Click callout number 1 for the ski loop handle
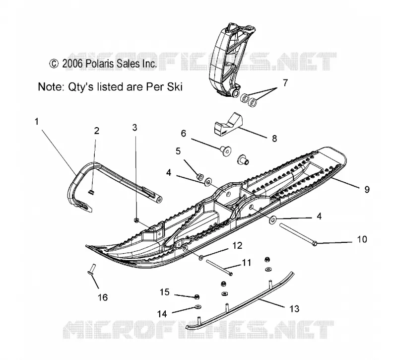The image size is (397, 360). coord(37,122)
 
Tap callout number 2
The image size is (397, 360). coord(96,131)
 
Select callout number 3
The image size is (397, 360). coord(134,128)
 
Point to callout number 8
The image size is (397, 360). coord(274,139)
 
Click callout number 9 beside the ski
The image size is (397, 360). coord(367,190)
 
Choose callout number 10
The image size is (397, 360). coord(362,239)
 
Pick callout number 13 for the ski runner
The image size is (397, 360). coord(294,309)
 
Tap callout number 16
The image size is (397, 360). coord(103,297)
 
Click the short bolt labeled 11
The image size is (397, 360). coord(219,268)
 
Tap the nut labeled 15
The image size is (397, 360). coord(197,296)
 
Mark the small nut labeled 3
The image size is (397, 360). coord(136,220)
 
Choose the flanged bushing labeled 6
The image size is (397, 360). coord(225,151)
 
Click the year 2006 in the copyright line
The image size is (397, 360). coord(72,64)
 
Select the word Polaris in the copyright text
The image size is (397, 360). coord(100,64)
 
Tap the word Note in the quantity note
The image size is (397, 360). coord(51,86)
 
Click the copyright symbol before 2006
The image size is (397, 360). coord(54,64)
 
